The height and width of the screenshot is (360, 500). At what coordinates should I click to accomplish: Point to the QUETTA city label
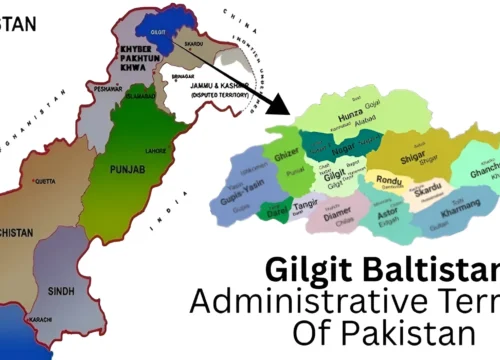45,182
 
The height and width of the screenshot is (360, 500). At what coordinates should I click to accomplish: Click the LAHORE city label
156,150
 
